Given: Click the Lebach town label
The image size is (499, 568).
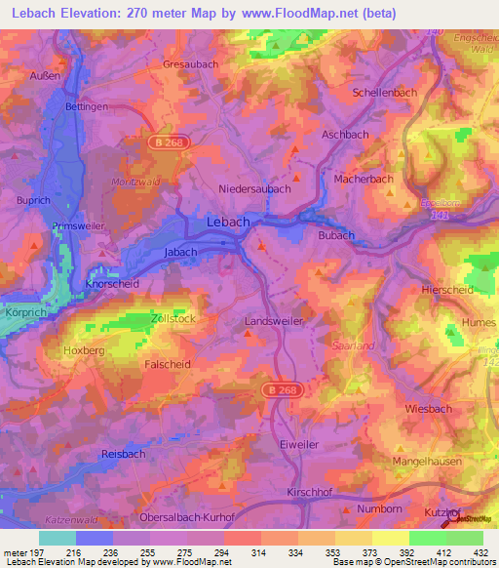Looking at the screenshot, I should (x=228, y=223).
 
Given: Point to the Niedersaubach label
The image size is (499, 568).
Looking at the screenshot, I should (x=255, y=189).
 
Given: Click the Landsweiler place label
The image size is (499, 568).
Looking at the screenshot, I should (x=274, y=320).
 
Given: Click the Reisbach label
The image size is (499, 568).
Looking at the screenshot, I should (x=124, y=455).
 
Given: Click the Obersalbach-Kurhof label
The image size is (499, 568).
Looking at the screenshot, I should (x=187, y=518).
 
